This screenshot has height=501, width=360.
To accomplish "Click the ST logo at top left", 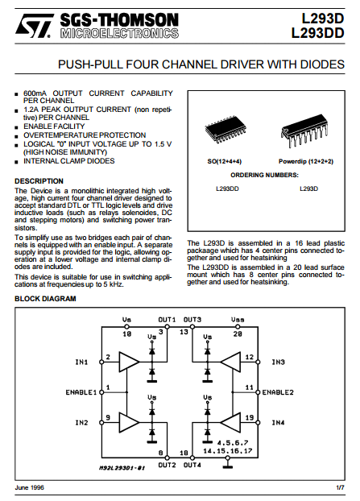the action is pyautogui.click(x=35, y=26).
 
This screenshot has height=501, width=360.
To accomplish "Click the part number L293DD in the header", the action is pyautogui.click(x=318, y=33).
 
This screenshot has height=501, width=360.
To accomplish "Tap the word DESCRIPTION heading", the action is pyautogui.click(x=39, y=181).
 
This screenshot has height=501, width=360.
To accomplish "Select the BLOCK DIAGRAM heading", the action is pyautogui.click(x=45, y=299).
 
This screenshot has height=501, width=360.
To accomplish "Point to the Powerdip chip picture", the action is pyautogui.click(x=304, y=130).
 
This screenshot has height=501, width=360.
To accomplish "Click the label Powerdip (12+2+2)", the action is pyautogui.click(x=306, y=161).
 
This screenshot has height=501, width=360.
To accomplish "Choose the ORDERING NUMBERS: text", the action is pyautogui.click(x=264, y=175).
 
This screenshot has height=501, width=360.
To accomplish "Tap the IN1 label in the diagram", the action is pyautogui.click(x=81, y=362).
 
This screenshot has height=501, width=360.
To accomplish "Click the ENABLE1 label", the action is pyautogui.click(x=81, y=392).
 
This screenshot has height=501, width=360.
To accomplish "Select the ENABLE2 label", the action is pyautogui.click(x=278, y=392).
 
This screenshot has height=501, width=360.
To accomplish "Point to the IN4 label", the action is pyautogui.click(x=278, y=423).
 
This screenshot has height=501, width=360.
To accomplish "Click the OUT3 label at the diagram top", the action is pyautogui.click(x=192, y=320).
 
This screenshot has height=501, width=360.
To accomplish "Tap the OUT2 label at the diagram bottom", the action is pyautogui.click(x=167, y=465).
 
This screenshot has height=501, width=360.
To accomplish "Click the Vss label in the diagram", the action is pyautogui.click(x=238, y=320).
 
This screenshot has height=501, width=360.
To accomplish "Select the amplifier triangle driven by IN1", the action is pyautogui.click(x=129, y=362).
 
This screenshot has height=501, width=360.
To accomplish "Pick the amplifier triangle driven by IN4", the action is pyautogui.click(x=230, y=422).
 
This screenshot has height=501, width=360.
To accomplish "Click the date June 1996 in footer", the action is pyautogui.click(x=29, y=487).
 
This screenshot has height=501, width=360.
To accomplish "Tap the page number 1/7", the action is pyautogui.click(x=341, y=487).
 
